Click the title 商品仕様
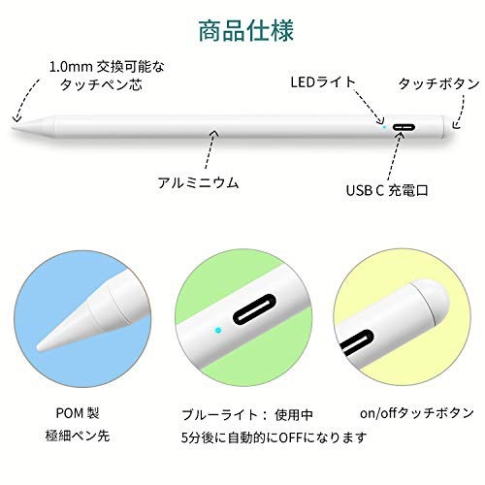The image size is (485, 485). click(x=245, y=31)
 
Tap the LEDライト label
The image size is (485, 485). click(x=323, y=82)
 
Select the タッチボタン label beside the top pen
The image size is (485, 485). click(x=438, y=84)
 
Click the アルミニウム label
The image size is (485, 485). click(x=198, y=183)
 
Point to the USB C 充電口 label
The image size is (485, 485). click(x=387, y=190)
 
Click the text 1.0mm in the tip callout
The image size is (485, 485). click(x=71, y=67)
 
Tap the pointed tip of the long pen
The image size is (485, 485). click(x=14, y=127)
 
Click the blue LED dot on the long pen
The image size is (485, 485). click(x=384, y=127)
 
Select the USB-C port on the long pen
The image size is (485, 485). click(x=404, y=127)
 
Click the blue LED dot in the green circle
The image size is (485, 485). click(x=218, y=330)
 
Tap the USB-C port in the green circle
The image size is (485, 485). click(x=254, y=308)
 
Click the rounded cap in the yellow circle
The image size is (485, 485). click(x=431, y=300)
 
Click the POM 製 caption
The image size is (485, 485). click(x=78, y=413)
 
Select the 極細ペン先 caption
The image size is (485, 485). click(x=78, y=436)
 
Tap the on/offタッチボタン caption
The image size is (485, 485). click(x=417, y=413)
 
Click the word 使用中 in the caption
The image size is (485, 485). click(x=294, y=415)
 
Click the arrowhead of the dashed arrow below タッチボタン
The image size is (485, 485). click(x=455, y=125)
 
